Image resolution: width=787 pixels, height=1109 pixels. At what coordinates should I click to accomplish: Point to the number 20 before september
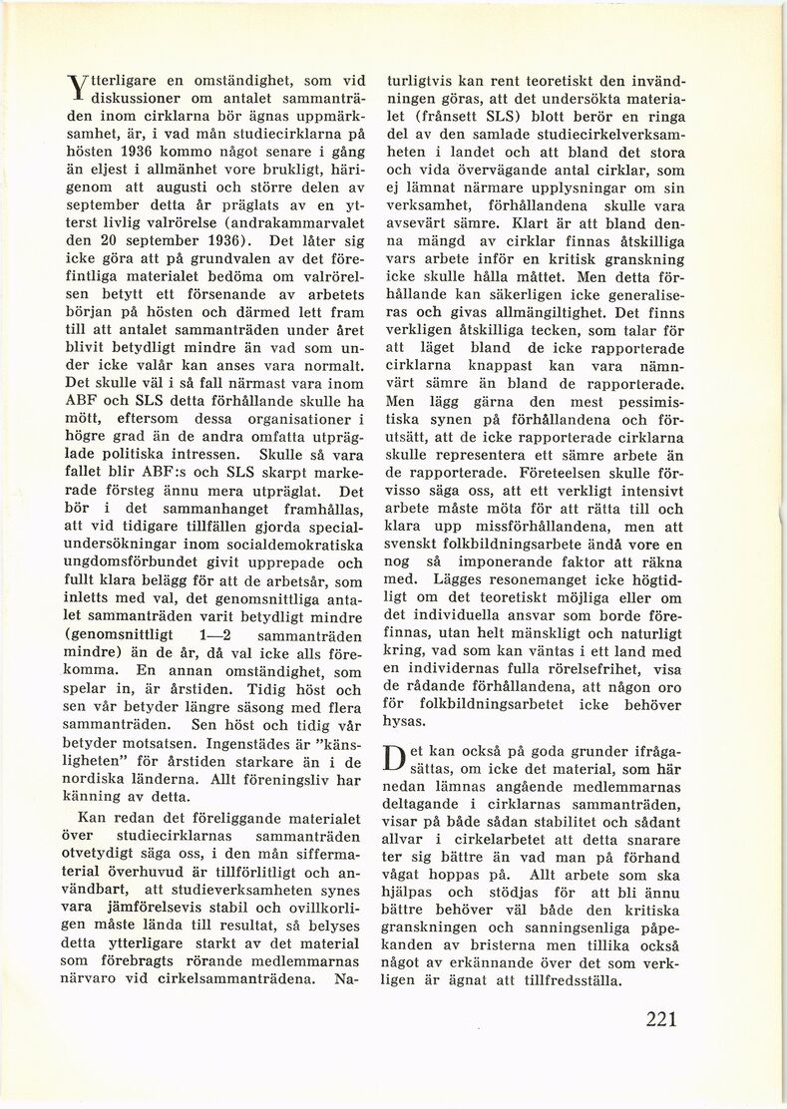pyautogui.click(x=109, y=240)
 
